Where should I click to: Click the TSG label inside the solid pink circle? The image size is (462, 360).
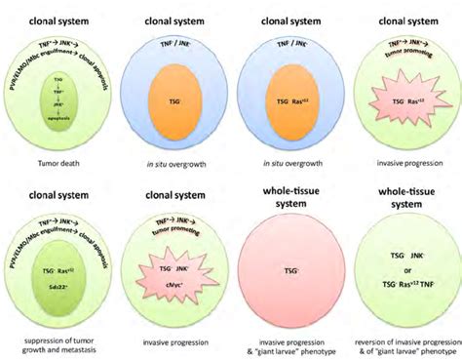point(289,265)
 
